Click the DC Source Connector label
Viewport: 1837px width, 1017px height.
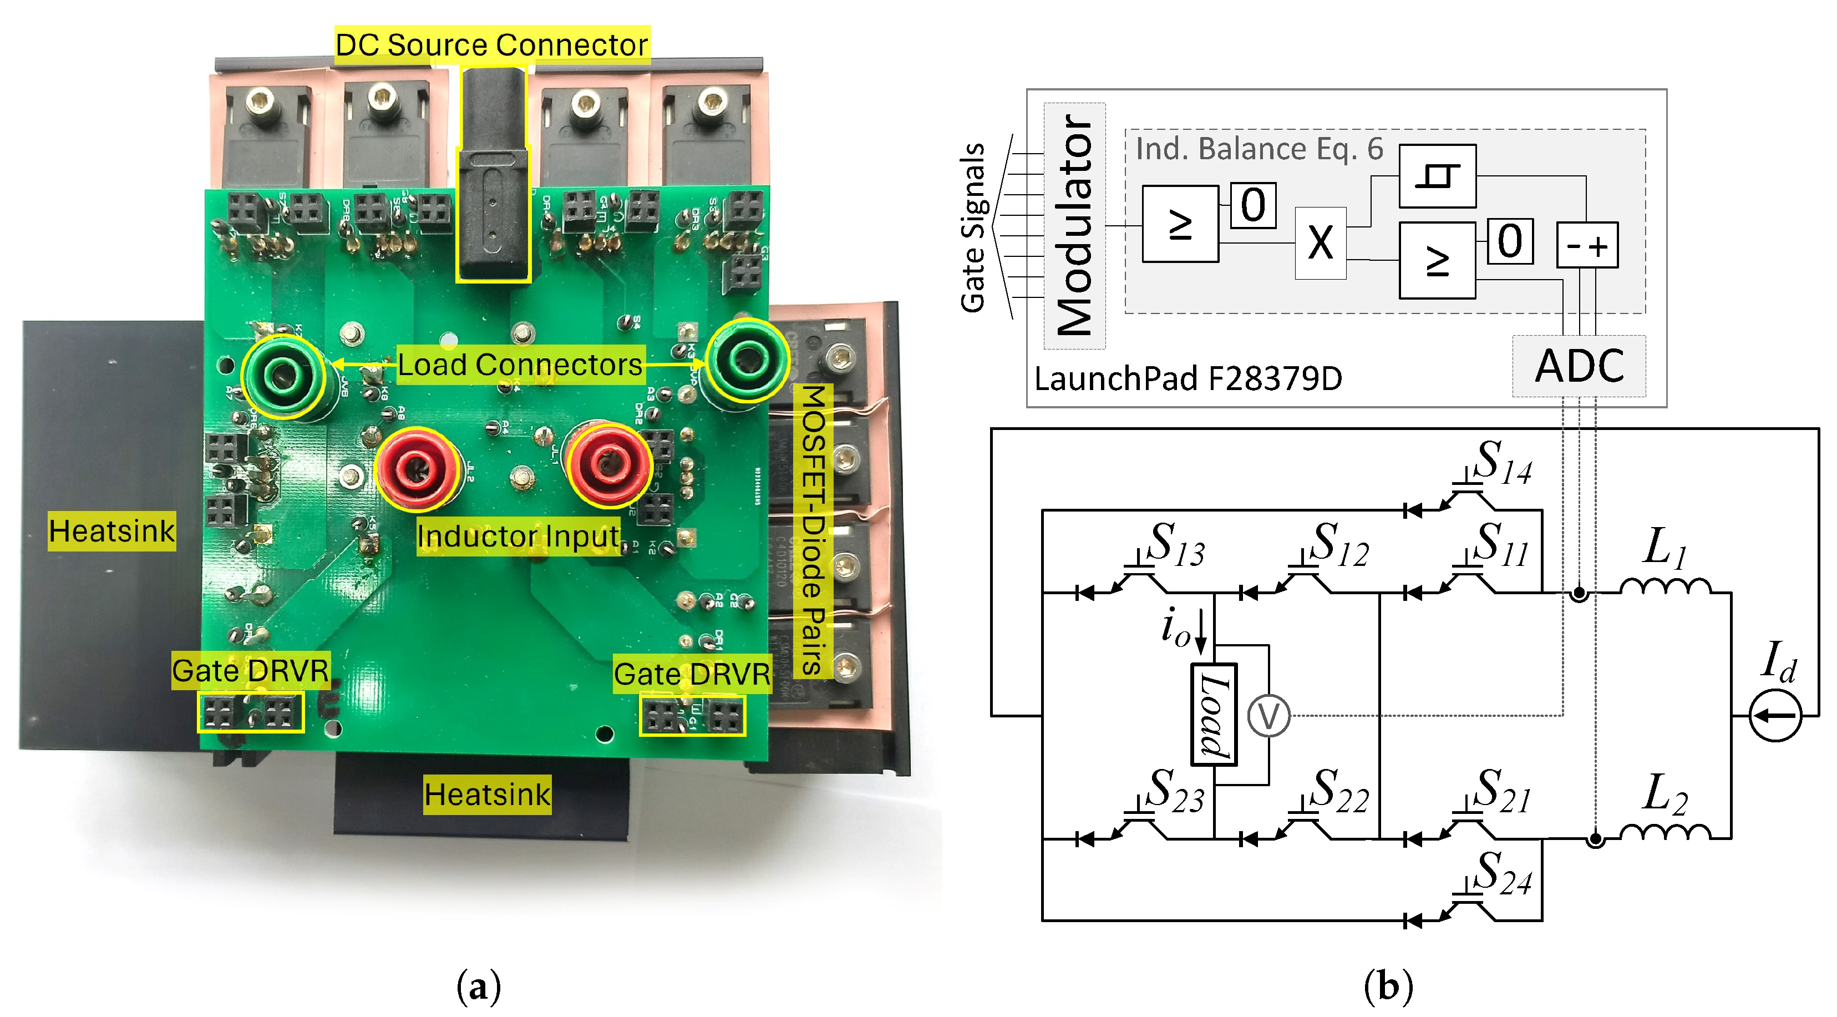tap(491, 44)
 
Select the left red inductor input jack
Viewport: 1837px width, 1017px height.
tap(417, 469)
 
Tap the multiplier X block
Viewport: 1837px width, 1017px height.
tap(1320, 243)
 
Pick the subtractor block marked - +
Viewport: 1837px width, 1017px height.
tap(1587, 245)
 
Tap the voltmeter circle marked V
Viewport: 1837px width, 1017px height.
tap(1268, 715)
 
